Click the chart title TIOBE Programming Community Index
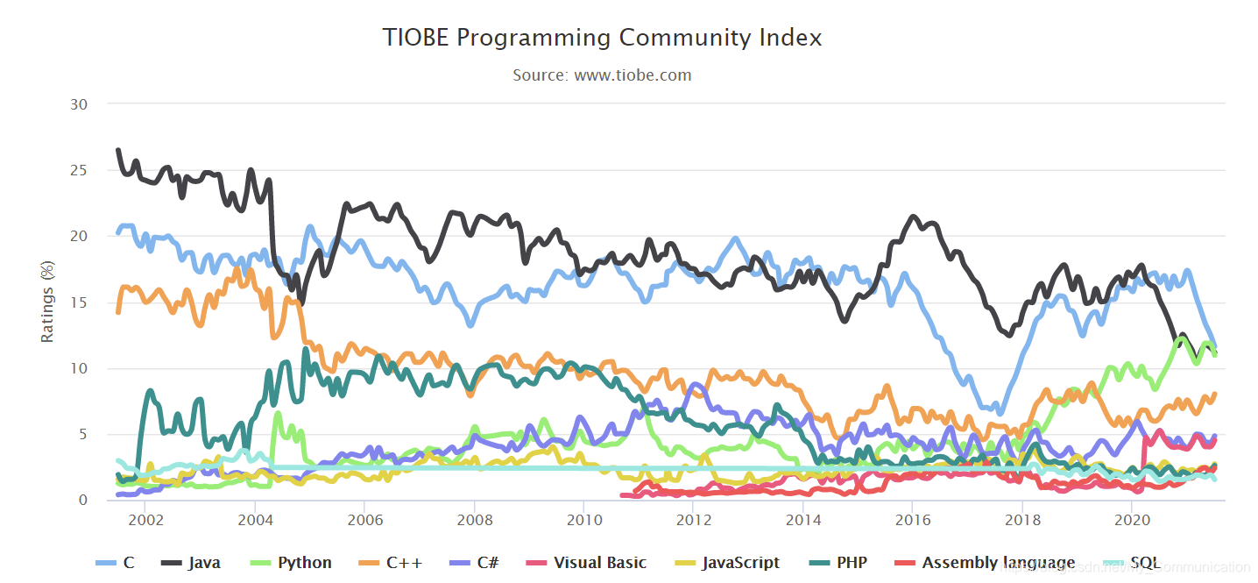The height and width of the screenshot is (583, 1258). (x=602, y=39)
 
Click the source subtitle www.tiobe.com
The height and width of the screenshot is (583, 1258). (x=602, y=75)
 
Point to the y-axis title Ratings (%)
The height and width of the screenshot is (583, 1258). (x=48, y=302)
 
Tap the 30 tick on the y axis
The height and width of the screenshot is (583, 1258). (x=78, y=104)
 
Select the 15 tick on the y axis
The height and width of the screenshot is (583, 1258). (x=78, y=302)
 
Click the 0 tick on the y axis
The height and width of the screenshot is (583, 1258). (x=83, y=501)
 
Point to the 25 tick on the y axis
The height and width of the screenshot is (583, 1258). (x=78, y=170)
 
